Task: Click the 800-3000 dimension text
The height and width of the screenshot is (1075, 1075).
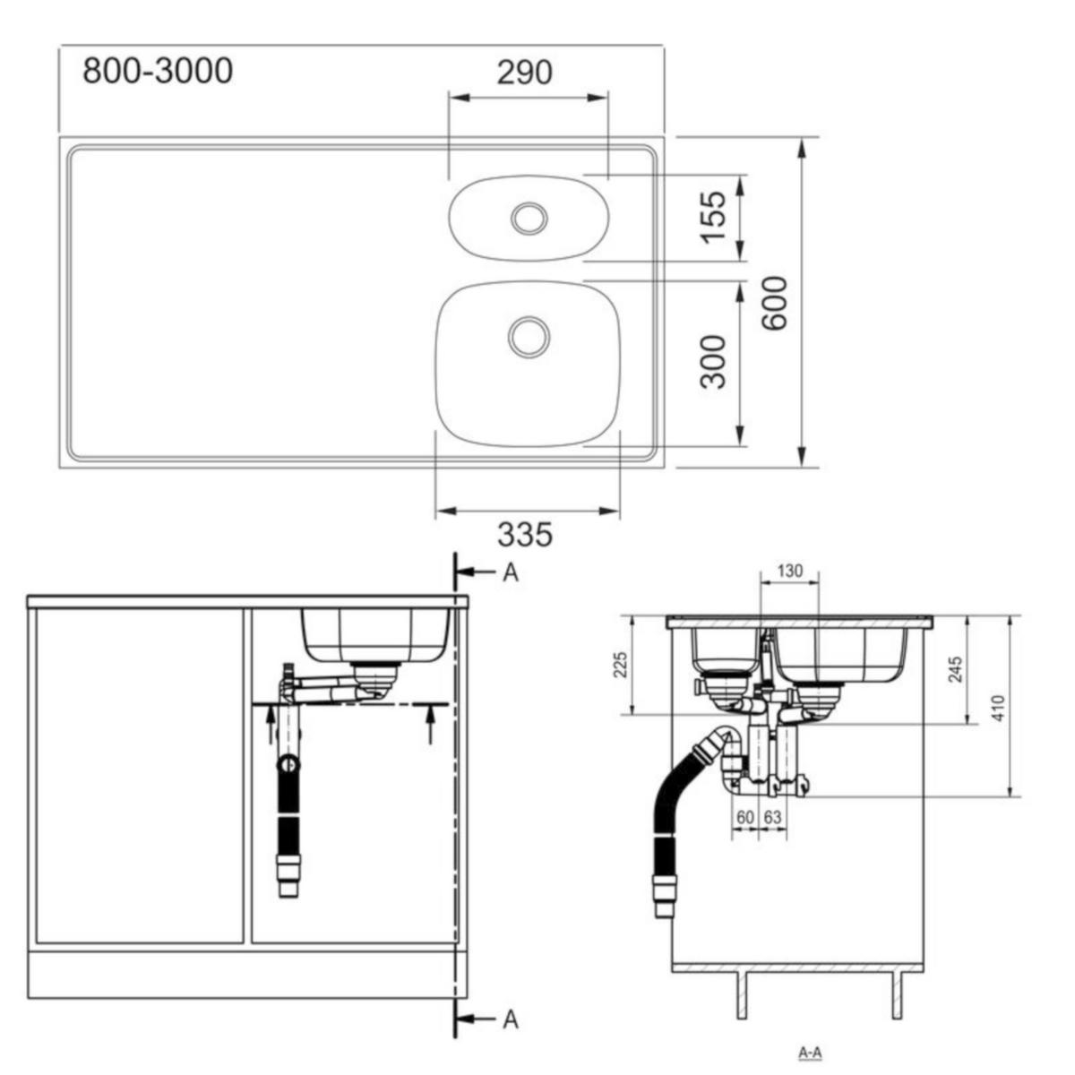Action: tap(158, 72)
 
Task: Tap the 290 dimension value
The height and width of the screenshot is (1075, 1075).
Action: tap(524, 73)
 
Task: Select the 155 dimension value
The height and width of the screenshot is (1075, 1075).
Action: tap(713, 218)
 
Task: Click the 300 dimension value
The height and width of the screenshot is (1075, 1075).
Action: tap(713, 362)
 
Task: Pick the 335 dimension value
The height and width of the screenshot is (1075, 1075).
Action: tap(524, 535)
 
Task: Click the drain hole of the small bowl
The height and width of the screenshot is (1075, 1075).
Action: tap(529, 218)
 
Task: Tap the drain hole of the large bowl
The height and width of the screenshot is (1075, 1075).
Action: tap(529, 337)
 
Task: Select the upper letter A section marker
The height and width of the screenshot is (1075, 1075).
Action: tap(510, 573)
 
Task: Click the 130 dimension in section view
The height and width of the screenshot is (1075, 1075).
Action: tap(789, 571)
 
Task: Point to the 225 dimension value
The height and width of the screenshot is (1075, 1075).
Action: tap(621, 665)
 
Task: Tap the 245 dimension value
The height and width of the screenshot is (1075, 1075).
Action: tap(956, 669)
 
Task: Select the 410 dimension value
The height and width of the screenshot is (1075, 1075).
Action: tap(999, 708)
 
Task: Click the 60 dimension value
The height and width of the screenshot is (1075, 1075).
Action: tap(745, 818)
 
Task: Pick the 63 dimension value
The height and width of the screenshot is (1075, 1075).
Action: tap(772, 818)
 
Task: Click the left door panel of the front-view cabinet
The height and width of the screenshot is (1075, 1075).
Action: tap(140, 776)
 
